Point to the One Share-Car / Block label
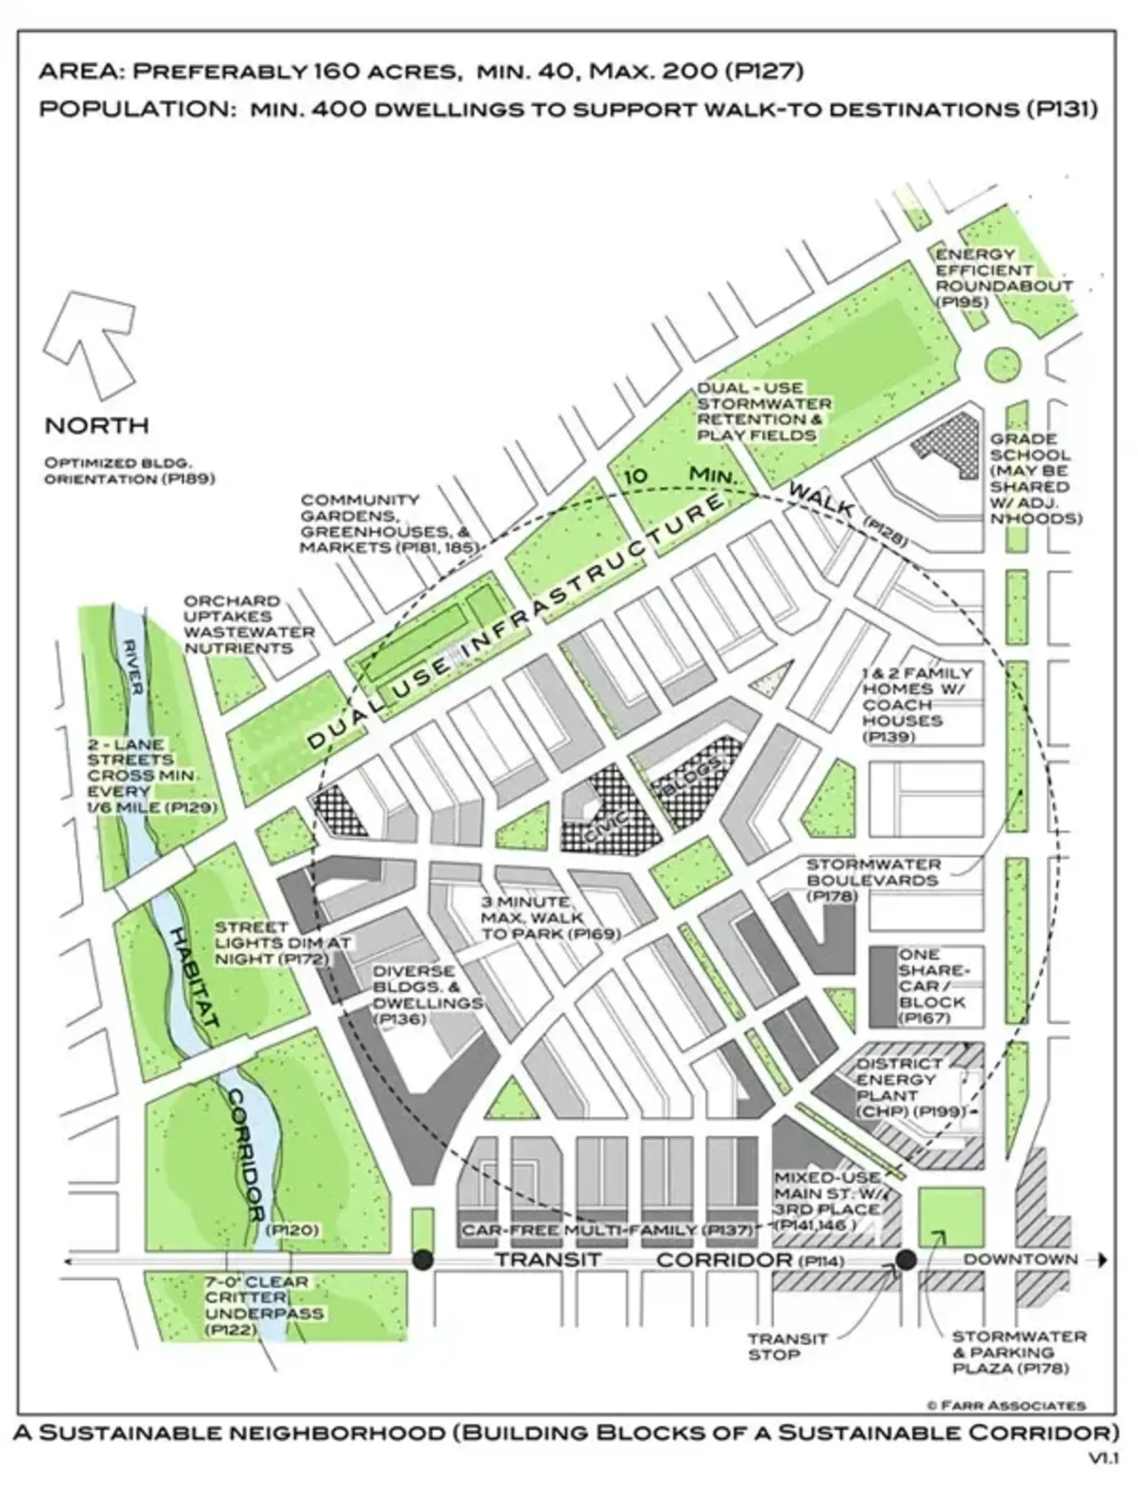[932, 986]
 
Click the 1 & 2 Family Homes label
[916, 704]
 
